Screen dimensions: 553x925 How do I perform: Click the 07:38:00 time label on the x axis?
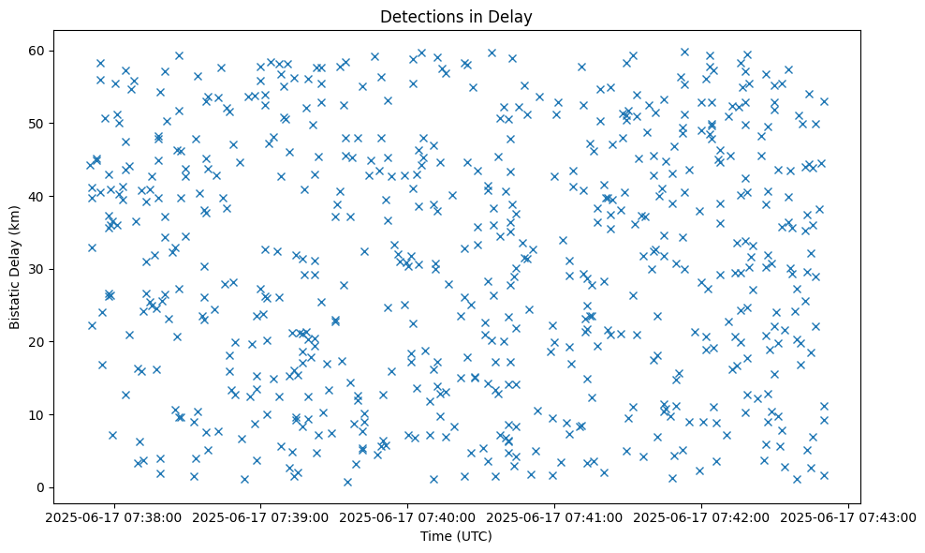pos(114,516)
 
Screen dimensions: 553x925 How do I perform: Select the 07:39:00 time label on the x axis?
pos(261,516)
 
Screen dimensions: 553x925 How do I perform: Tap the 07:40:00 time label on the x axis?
pos(408,516)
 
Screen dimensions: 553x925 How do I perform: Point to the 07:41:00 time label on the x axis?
pos(555,516)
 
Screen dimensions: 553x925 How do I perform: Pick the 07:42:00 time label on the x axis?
pos(702,516)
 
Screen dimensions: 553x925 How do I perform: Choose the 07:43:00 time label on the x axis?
pos(849,516)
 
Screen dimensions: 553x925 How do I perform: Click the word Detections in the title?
pos(418,16)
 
